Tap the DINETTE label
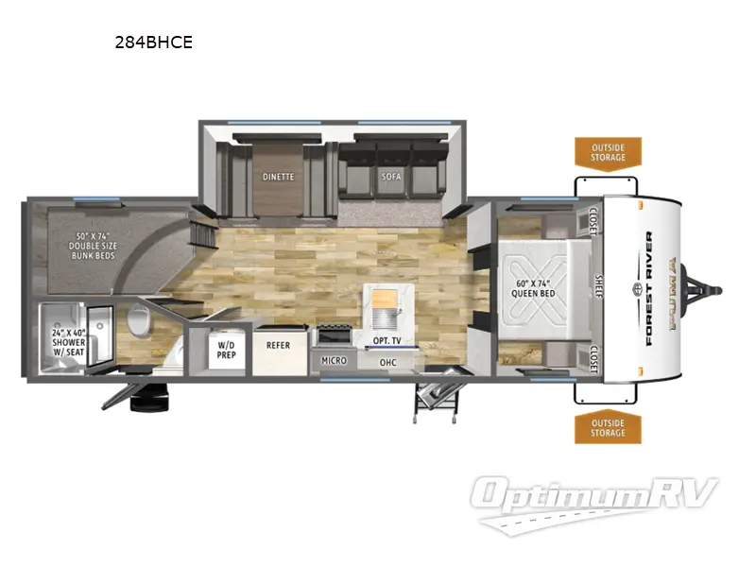tap(278, 177)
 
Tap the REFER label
tap(278, 346)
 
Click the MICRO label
tap(334, 361)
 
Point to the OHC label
tap(387, 362)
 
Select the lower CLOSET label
tap(593, 356)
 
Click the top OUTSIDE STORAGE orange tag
tap(608, 151)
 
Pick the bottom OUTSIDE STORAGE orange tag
tap(608, 427)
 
